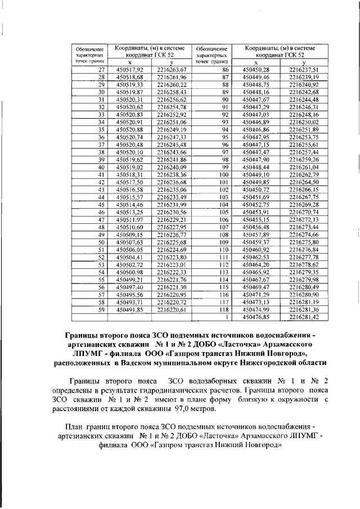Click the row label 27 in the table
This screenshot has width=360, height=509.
[102, 69]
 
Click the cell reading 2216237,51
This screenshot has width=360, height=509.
[304, 69]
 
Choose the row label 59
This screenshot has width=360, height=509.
[102, 309]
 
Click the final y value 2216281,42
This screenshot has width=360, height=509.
[304, 317]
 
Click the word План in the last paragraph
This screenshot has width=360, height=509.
[76, 426]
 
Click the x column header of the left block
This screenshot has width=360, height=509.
[130, 62]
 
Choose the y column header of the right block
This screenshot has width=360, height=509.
[304, 62]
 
